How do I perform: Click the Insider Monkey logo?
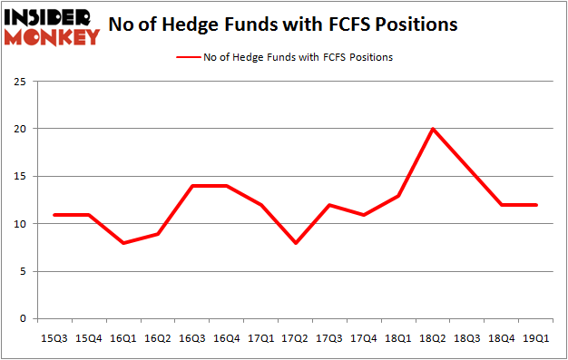52,27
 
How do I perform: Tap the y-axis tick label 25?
19,82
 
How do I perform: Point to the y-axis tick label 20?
19,129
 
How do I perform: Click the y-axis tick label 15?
19,177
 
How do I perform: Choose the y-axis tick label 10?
19,224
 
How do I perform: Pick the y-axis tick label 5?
22,271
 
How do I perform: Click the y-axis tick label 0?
22,319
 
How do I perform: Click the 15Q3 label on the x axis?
54,337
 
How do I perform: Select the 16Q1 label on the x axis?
123,337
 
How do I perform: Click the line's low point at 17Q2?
296,243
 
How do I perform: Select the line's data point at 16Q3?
191,186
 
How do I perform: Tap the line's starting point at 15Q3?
54,214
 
